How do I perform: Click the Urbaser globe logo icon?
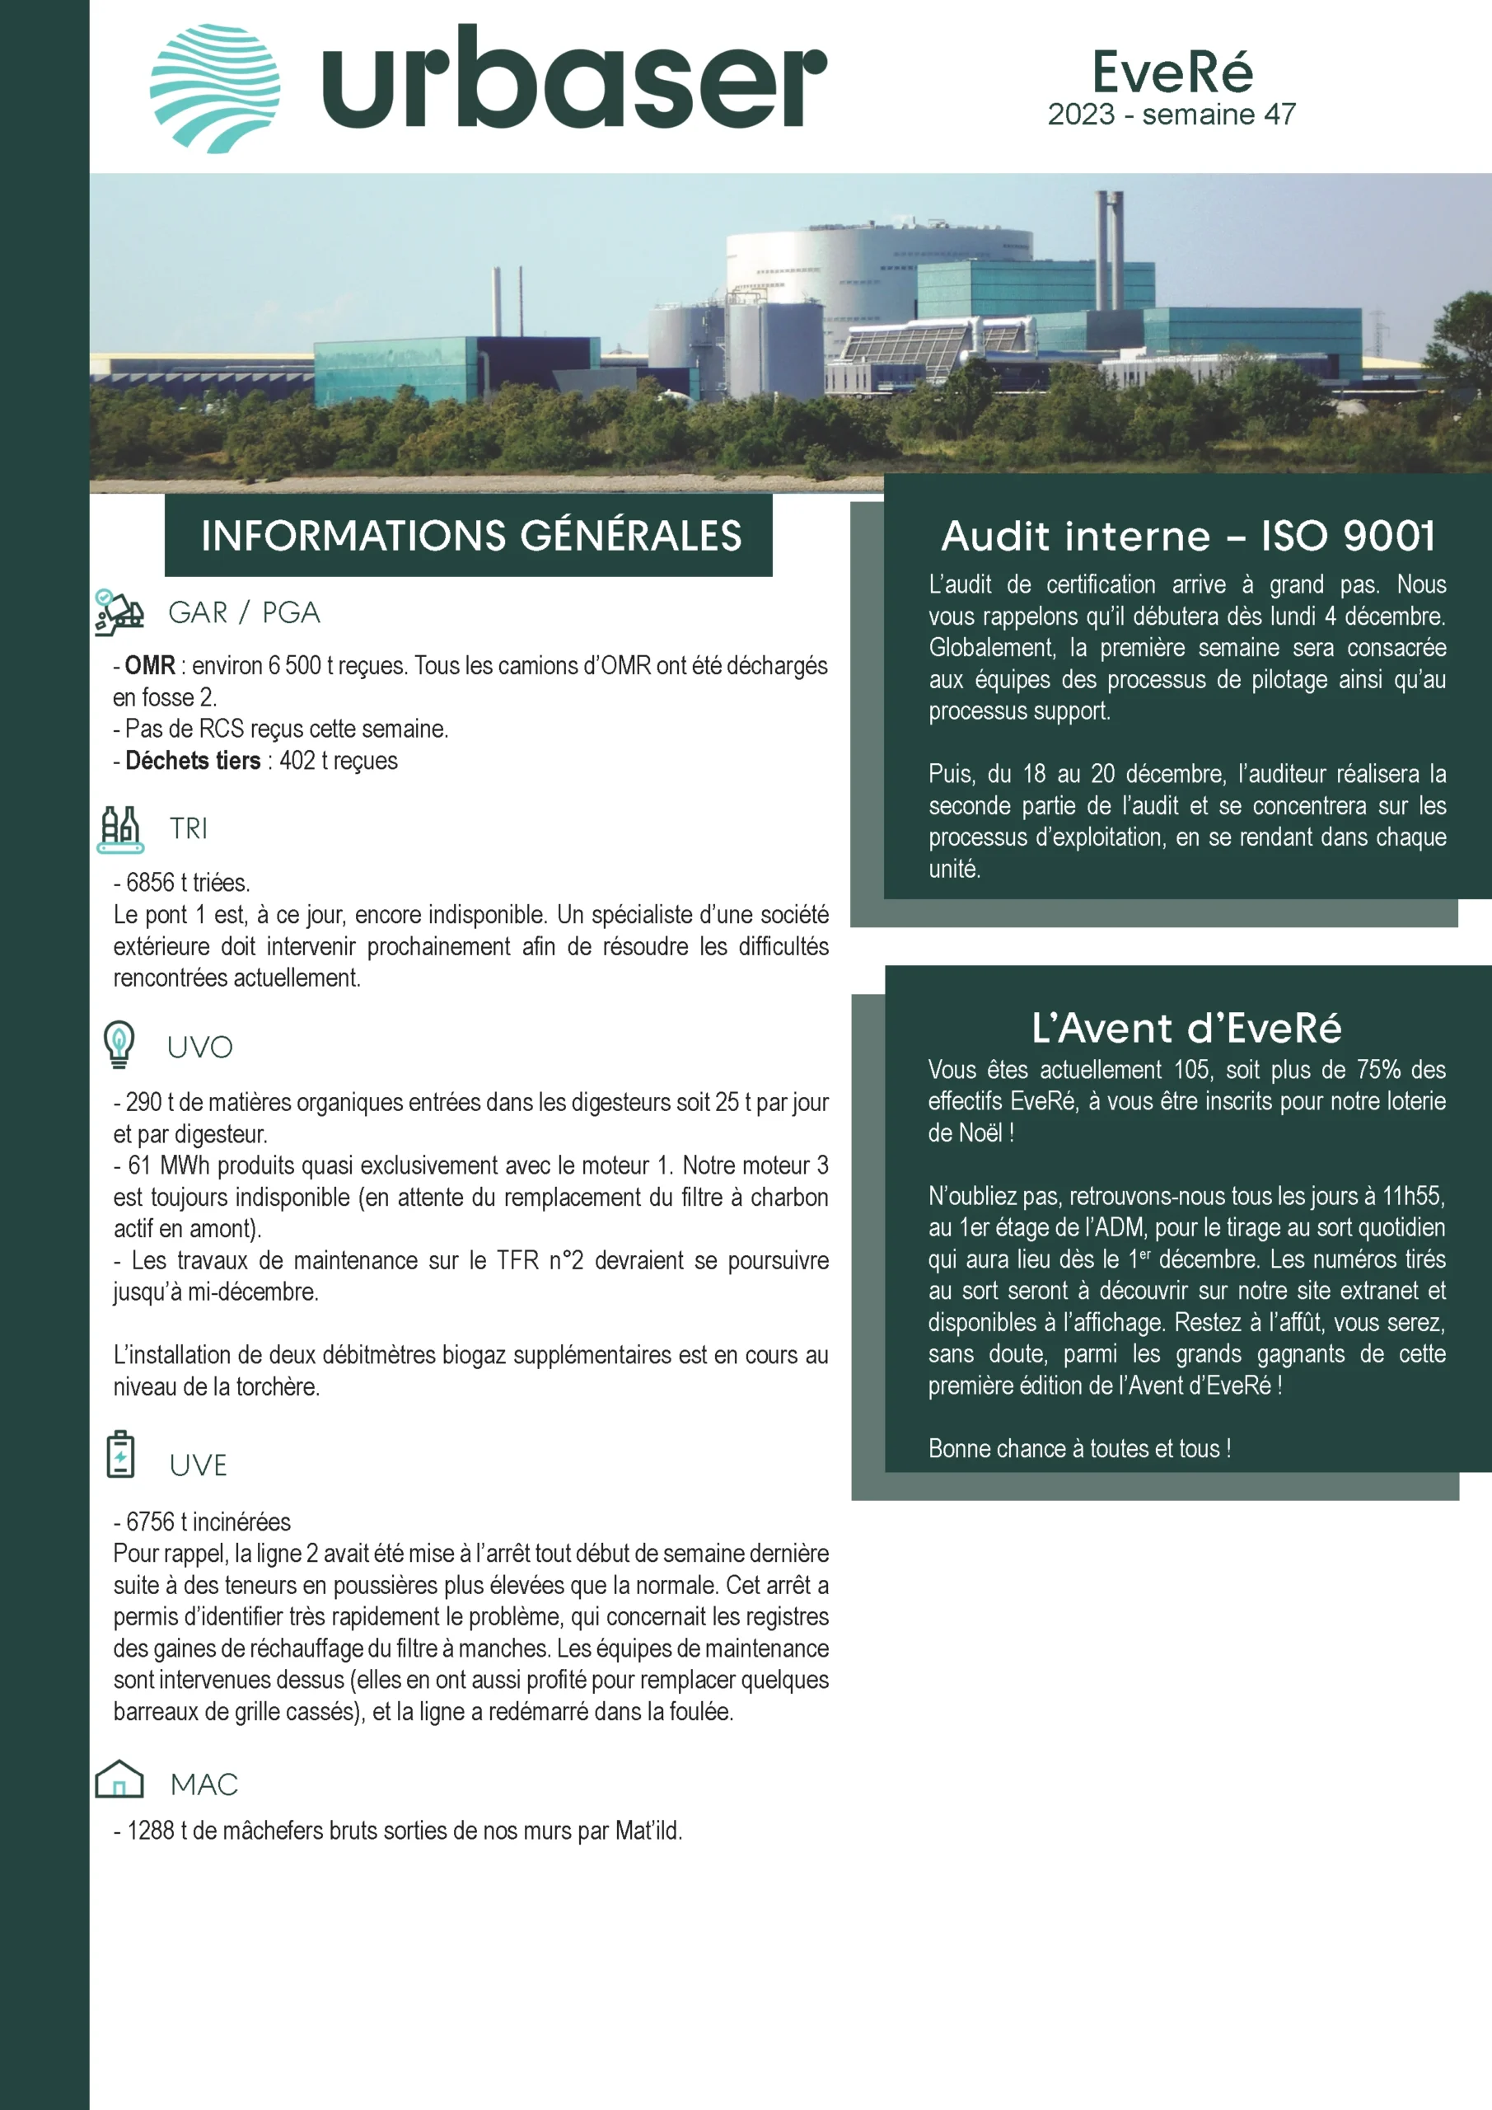(x=215, y=88)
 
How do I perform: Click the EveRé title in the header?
(x=1172, y=72)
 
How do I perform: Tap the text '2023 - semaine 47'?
(x=1172, y=115)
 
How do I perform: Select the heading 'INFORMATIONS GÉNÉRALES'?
(x=470, y=536)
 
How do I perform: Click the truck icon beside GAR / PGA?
(x=119, y=613)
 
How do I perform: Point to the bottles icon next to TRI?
(x=120, y=829)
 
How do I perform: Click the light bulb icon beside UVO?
(x=119, y=1044)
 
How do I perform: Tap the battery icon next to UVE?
(x=120, y=1455)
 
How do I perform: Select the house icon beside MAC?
(x=119, y=1779)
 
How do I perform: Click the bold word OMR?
(x=150, y=665)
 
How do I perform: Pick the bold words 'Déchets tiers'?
(x=193, y=761)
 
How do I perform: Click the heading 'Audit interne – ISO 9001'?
(x=1188, y=537)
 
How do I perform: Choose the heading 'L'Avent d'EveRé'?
(x=1186, y=1029)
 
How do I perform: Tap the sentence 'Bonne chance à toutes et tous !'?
(x=1078, y=1449)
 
